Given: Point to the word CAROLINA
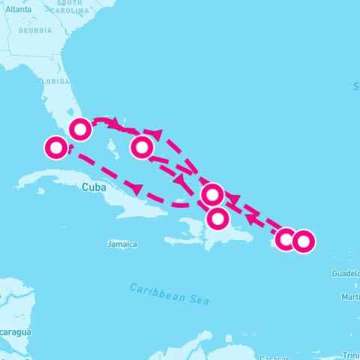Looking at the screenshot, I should point(70,12).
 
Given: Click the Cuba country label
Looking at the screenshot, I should point(94,187).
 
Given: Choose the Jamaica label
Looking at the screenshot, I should point(122,244).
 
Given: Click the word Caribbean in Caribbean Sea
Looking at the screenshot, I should point(156,291).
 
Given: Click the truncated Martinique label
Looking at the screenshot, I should point(350,298).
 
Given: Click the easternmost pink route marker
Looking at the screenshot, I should point(302,241).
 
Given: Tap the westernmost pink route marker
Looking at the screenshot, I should point(55,148).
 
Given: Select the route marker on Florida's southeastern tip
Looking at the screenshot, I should point(80,129).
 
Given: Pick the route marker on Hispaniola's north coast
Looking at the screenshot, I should point(217,218).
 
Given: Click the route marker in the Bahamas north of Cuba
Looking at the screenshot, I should point(142,147).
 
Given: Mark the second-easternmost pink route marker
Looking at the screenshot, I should point(286,239).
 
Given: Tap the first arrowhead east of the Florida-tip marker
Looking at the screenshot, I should point(114,121).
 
